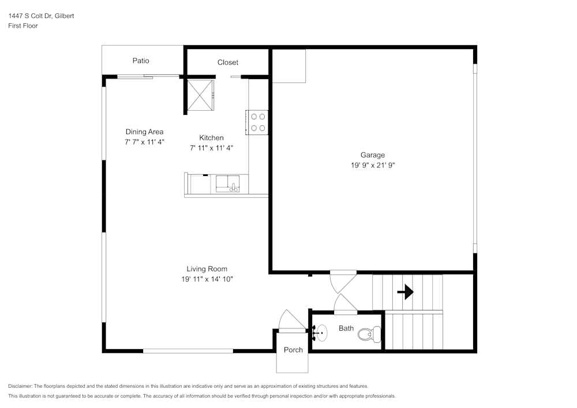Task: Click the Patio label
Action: (x=141, y=61)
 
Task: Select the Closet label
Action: (x=227, y=62)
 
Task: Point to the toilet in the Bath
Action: (x=370, y=334)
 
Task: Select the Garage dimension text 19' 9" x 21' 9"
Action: (x=372, y=165)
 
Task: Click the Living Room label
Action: (x=207, y=269)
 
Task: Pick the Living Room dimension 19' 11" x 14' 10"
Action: (x=207, y=279)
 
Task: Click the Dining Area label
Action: (x=144, y=132)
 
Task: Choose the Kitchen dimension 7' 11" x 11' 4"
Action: (x=211, y=148)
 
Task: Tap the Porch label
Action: (x=293, y=350)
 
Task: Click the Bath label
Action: (x=346, y=328)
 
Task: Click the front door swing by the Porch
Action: (x=290, y=321)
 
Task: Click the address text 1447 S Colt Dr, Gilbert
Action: (x=41, y=16)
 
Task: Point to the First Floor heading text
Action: (x=23, y=26)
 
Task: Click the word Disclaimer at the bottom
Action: (x=20, y=386)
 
